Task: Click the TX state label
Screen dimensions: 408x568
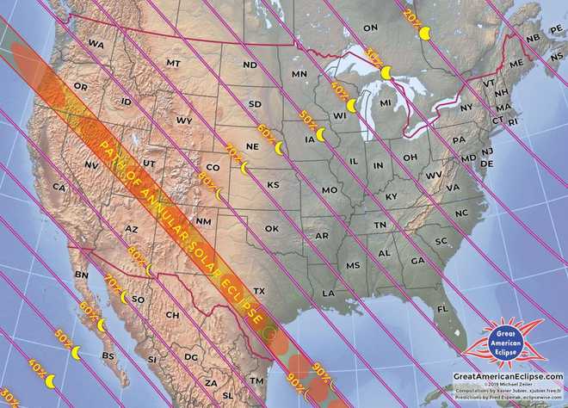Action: coord(259,291)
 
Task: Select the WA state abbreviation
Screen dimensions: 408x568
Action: coord(96,44)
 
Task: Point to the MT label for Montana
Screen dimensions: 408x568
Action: coord(174,64)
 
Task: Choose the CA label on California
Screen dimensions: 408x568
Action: coord(59,187)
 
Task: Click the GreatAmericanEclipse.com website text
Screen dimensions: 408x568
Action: coord(508,376)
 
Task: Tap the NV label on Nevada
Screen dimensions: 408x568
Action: coord(91,164)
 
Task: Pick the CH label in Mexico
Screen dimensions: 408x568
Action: coord(172,315)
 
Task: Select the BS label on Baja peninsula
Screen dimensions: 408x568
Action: coord(108,355)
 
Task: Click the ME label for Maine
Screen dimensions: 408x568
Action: coord(516,65)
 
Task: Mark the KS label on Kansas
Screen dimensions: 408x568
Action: coord(273,185)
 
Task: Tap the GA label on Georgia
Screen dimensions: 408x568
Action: coord(417,261)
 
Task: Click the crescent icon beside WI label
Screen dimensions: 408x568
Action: coord(350,105)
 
